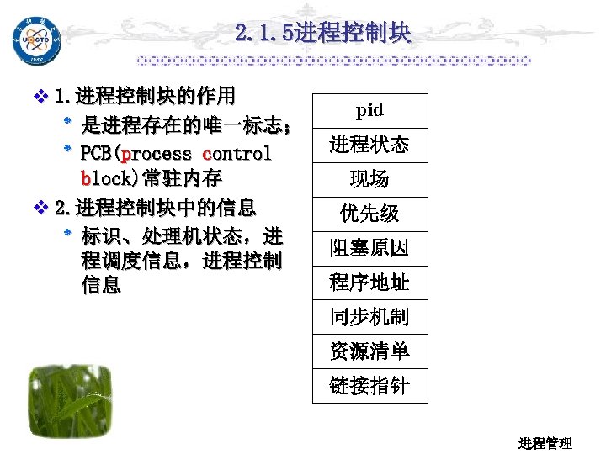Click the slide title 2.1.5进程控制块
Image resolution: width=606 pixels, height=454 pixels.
pos(323,33)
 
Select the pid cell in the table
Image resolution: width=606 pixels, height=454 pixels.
pos(369,110)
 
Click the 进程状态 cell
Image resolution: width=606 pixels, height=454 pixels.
pos(369,145)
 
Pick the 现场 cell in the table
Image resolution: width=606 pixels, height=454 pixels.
pos(369,179)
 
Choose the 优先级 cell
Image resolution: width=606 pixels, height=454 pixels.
pos(369,214)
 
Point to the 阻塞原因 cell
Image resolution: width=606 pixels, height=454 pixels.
pos(369,248)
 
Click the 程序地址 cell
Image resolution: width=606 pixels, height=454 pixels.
pos(369,282)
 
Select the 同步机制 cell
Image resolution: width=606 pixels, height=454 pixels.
pos(369,317)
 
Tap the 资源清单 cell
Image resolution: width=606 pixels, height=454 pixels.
pos(369,351)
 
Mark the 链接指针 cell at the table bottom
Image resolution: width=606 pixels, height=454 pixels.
pos(369,386)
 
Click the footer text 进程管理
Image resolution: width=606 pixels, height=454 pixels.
pos(545,443)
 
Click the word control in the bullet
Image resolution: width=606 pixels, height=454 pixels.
pos(237,154)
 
